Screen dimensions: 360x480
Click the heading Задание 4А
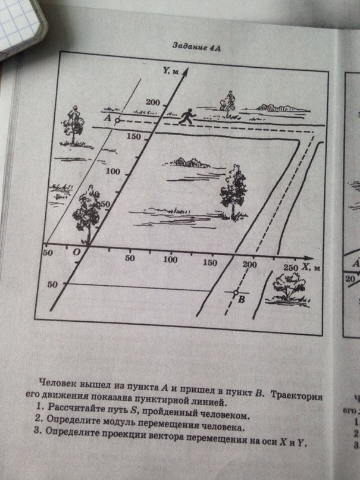[x=196, y=47]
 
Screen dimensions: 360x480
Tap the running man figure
[x=186, y=117]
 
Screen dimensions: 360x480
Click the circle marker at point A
[x=117, y=121]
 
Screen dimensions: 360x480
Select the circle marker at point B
[x=236, y=293]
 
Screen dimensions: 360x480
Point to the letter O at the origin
[x=76, y=252]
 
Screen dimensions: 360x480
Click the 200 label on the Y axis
[x=153, y=102]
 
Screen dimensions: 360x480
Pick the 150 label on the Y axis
[x=134, y=137]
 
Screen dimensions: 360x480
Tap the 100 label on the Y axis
[x=113, y=171]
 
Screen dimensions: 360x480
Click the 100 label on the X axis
[x=170, y=259]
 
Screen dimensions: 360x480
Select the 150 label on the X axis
[x=210, y=262]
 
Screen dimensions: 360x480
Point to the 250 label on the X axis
[x=290, y=267]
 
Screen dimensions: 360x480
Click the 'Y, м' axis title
[x=171, y=71]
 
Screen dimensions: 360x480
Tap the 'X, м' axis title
[x=311, y=267]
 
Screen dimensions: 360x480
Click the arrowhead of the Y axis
[x=185, y=72]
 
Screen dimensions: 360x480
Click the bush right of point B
[x=289, y=288]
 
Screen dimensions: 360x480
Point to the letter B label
[x=242, y=299]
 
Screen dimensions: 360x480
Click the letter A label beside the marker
[x=107, y=118]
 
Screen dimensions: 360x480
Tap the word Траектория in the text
[x=296, y=395]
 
